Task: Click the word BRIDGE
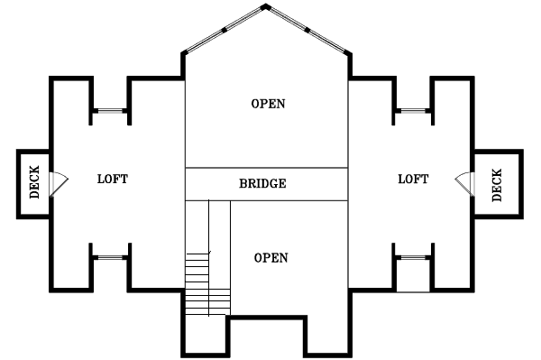click(263, 183)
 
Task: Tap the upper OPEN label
click(268, 104)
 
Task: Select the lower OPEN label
click(270, 258)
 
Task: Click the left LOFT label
click(113, 179)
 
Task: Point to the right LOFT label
click(413, 179)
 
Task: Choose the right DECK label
click(497, 184)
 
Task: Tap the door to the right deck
click(463, 182)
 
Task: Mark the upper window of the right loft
click(413, 111)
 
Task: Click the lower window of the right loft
click(413, 257)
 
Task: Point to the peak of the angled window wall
click(266, 6)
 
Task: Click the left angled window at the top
click(223, 30)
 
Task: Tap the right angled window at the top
click(308, 30)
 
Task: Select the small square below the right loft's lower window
click(414, 279)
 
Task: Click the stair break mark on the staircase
click(208, 253)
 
